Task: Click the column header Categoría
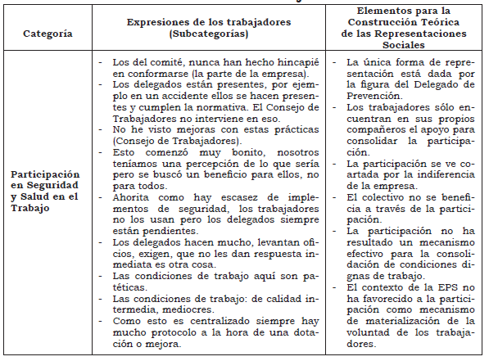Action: point(47,35)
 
